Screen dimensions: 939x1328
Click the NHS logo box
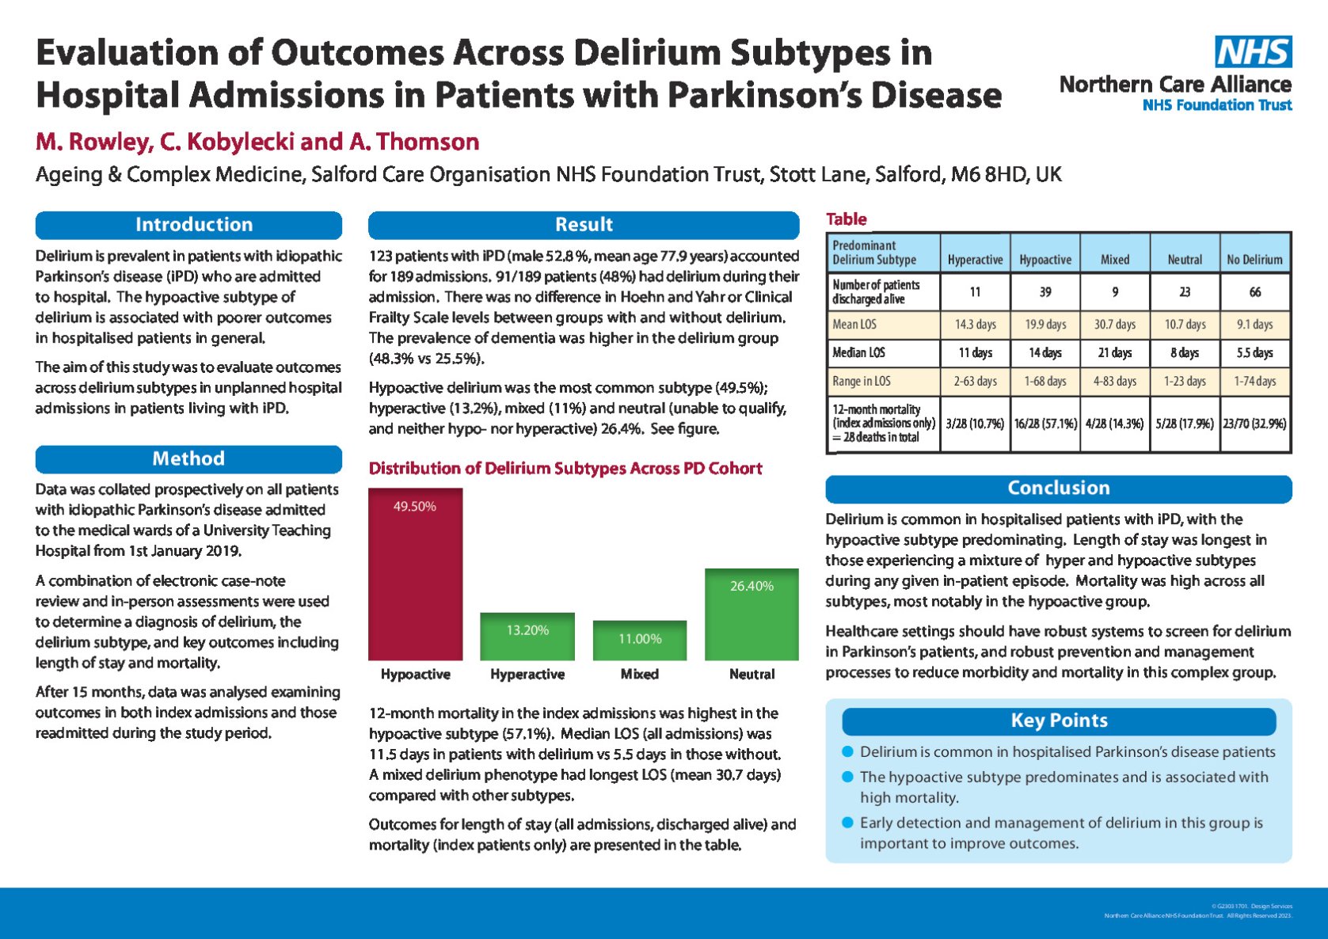click(x=1254, y=51)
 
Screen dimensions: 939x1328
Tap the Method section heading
click(x=188, y=459)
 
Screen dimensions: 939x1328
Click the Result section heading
click(x=584, y=225)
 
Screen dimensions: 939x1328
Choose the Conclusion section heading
click(x=1058, y=489)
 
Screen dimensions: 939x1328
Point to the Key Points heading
click(x=1059, y=721)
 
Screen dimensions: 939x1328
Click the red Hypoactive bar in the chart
click(x=415, y=574)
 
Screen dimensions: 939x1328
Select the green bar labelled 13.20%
click(x=527, y=637)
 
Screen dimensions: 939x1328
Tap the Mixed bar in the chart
click(x=640, y=641)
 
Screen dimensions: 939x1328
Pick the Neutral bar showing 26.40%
click(x=752, y=614)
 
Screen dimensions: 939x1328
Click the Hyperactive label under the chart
click(x=527, y=675)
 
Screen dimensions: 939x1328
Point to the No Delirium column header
click(x=1254, y=260)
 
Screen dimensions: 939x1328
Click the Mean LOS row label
click(x=854, y=325)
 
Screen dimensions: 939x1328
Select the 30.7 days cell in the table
click(x=1115, y=325)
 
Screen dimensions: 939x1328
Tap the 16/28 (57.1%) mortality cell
click(x=1045, y=424)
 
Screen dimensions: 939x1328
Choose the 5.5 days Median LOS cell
click(x=1254, y=353)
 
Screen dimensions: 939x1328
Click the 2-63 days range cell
click(x=975, y=382)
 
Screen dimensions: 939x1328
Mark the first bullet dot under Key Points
click(x=848, y=751)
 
